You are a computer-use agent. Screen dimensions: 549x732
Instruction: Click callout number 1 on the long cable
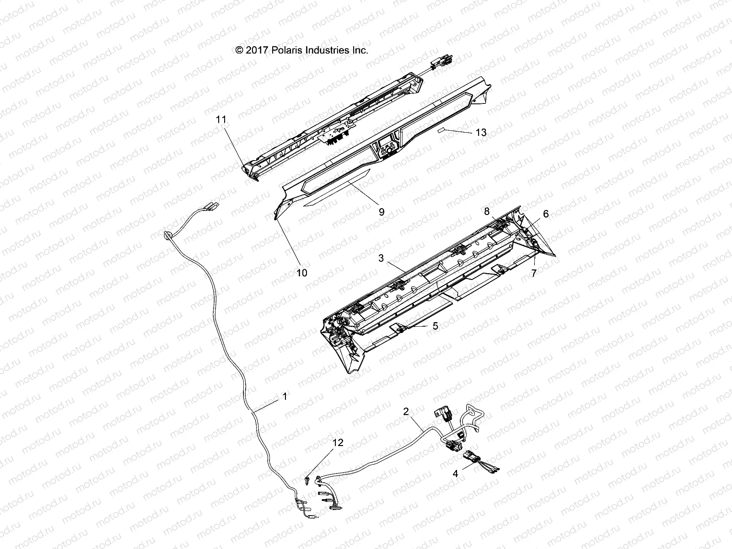(285, 397)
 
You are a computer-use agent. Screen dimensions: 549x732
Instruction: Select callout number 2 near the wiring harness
(406, 411)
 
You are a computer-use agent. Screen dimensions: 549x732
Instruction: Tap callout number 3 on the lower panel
(381, 258)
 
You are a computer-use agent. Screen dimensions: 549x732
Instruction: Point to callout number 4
(455, 474)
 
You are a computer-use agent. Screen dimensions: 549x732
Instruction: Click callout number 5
(435, 326)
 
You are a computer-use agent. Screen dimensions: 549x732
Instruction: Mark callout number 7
(533, 273)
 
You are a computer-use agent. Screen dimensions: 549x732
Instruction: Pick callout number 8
(487, 211)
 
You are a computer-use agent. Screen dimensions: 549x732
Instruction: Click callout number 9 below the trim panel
(382, 212)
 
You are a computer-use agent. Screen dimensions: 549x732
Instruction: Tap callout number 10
(302, 273)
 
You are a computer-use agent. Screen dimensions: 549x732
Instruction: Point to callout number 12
(338, 443)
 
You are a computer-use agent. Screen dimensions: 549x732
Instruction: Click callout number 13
(481, 133)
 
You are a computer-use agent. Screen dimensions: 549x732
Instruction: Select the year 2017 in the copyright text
(258, 50)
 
